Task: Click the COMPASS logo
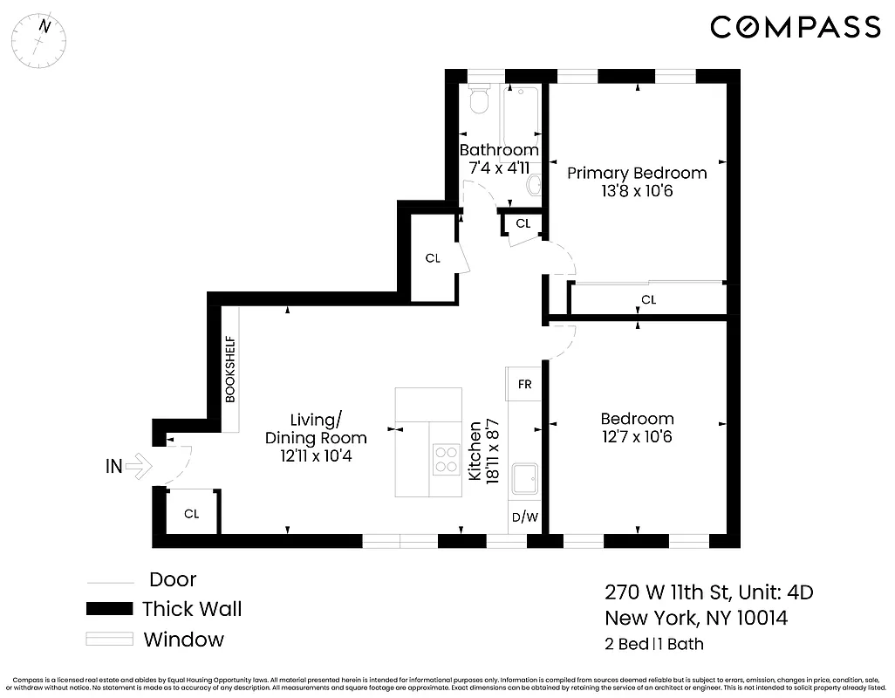click(x=795, y=27)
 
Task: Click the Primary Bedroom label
click(x=637, y=173)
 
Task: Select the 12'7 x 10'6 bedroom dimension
click(x=637, y=436)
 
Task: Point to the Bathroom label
click(x=499, y=150)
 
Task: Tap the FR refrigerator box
click(x=525, y=384)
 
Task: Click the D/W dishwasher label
click(x=524, y=517)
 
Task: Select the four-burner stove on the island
click(x=447, y=459)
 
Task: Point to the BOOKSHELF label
click(x=230, y=368)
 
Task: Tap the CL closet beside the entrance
click(x=191, y=514)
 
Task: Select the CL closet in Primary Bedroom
click(x=647, y=300)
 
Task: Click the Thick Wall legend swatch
click(x=109, y=609)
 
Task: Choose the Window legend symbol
click(x=109, y=639)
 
